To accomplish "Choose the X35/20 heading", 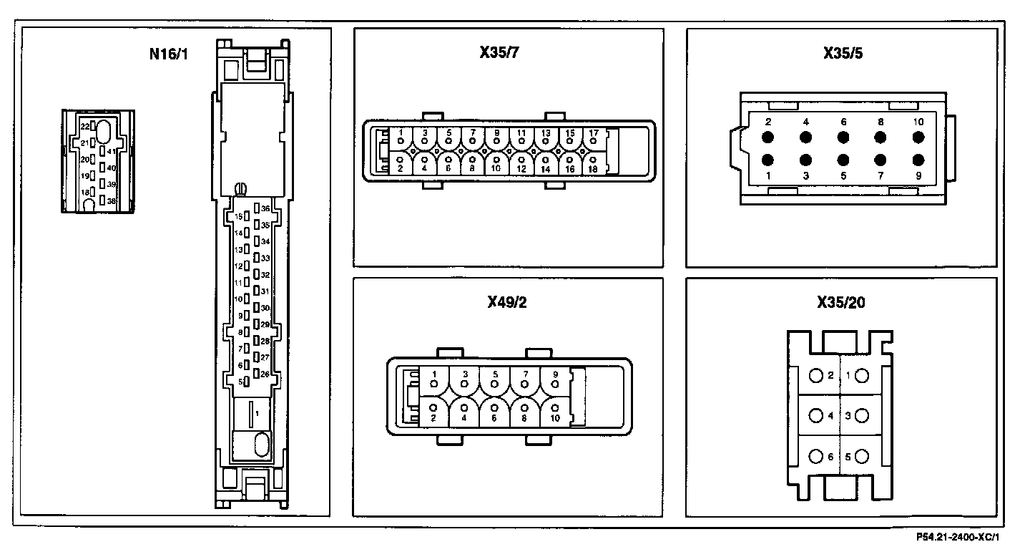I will (x=841, y=302).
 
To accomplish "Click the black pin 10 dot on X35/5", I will (x=918, y=137).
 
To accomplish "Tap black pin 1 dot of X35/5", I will (x=768, y=160).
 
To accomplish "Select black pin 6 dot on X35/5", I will (x=843, y=137).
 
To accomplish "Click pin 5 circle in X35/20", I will (x=861, y=456).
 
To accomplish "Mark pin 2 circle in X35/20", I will (x=816, y=375).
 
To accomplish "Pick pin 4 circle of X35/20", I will (x=816, y=415).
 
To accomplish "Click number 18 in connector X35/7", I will (x=592, y=170).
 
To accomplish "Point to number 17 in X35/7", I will (x=593, y=132).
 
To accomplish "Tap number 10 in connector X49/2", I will (x=555, y=417).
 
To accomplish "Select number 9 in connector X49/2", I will (x=555, y=374).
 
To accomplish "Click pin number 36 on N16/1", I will (x=265, y=209).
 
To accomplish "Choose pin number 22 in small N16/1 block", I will (x=84, y=126).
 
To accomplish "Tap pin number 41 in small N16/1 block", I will (x=111, y=152).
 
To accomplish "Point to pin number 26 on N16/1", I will (x=265, y=374).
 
